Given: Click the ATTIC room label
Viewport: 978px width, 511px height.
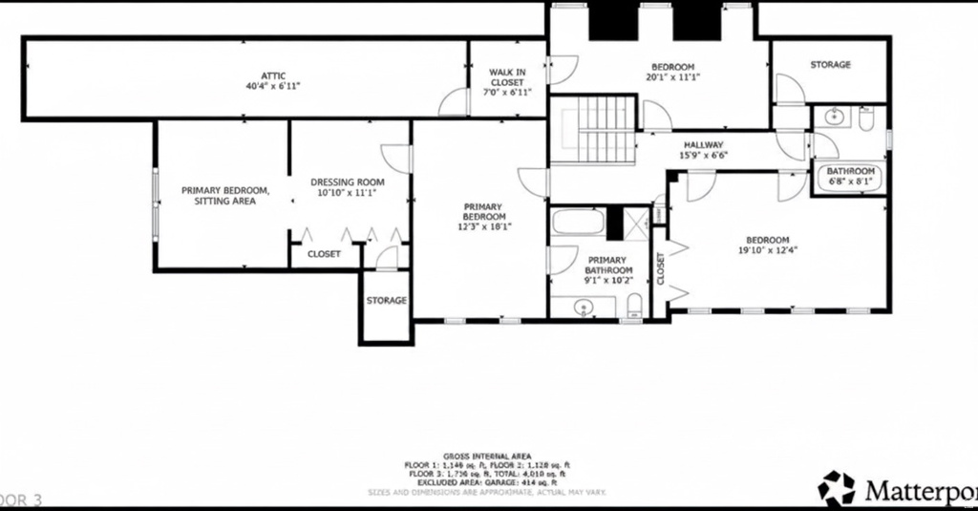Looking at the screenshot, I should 273,75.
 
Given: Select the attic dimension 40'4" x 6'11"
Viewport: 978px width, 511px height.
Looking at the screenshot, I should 273,86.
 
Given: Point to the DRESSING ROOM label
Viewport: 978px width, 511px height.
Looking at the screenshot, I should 347,181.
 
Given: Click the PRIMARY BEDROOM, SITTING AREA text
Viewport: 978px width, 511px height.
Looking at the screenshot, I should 225,195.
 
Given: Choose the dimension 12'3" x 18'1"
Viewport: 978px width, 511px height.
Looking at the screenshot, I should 483,227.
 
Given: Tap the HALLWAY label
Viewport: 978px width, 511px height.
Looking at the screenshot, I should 703,144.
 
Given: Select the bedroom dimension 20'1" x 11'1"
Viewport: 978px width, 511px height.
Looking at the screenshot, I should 672,77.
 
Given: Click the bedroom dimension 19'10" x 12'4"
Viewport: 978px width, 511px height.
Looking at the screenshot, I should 767,250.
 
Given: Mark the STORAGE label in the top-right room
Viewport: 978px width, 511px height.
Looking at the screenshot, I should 830,65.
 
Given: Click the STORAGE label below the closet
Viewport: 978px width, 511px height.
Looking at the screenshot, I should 386,300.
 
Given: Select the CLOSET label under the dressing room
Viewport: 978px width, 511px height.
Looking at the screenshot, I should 324,254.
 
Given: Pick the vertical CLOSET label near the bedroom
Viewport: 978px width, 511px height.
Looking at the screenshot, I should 660,268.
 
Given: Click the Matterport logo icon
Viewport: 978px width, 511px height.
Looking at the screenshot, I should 838,487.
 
